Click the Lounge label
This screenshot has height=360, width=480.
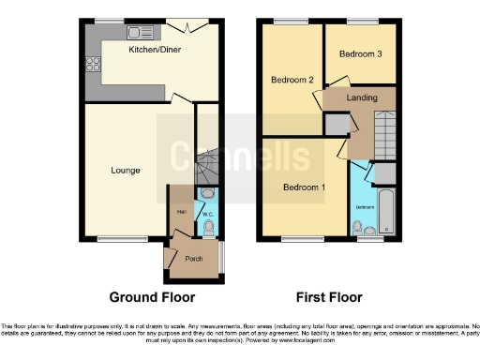125,170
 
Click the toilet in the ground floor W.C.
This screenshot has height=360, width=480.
208,225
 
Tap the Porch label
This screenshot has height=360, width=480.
194,259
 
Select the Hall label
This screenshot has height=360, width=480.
180,212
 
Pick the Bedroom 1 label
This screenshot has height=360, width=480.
304,187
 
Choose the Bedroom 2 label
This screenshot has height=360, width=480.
292,80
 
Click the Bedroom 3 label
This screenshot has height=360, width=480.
360,53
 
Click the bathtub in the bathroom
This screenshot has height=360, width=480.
386,208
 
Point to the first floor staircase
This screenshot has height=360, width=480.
383,131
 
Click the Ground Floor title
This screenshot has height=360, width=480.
152,297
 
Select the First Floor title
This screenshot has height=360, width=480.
330,297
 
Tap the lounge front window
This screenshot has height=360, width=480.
116,239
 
